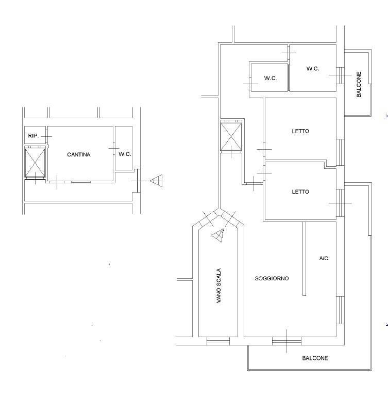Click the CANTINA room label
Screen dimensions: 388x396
(x=79, y=154)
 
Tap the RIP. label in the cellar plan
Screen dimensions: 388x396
(x=33, y=136)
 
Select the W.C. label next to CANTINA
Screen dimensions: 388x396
(x=125, y=154)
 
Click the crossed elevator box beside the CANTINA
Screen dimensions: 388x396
(x=35, y=163)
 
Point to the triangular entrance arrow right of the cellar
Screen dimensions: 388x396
(x=156, y=181)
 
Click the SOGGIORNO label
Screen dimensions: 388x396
(x=272, y=278)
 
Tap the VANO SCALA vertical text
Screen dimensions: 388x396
(x=218, y=286)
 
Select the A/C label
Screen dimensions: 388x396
(x=324, y=258)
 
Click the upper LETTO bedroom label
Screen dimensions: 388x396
(x=300, y=131)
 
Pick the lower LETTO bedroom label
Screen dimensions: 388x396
(x=300, y=192)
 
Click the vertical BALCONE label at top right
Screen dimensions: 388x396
(x=359, y=84)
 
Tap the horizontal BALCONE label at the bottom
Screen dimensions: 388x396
(x=315, y=358)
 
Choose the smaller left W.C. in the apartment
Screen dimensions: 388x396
(x=271, y=78)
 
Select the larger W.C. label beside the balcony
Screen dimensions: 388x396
(x=313, y=69)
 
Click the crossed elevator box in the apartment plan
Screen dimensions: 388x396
(x=231, y=136)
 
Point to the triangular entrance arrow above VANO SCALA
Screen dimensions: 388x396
(x=218, y=235)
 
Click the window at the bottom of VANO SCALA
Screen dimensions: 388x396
(x=218, y=341)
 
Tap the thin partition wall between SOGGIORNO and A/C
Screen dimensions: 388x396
(x=305, y=259)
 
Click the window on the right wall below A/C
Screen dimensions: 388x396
(x=341, y=310)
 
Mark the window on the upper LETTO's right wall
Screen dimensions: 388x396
(x=341, y=152)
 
